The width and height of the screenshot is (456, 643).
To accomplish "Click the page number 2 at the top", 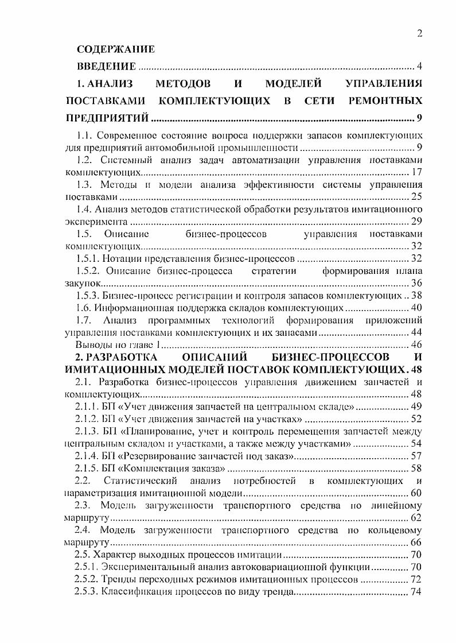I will [419, 33].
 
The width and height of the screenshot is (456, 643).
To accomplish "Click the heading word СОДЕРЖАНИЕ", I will [116, 50].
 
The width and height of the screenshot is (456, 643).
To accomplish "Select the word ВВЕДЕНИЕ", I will [106, 67].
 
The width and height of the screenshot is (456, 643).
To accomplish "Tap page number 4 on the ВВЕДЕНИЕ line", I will [420, 67].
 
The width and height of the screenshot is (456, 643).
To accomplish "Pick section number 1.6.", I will [84, 308].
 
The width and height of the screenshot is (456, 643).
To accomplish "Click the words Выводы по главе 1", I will [116, 345].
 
